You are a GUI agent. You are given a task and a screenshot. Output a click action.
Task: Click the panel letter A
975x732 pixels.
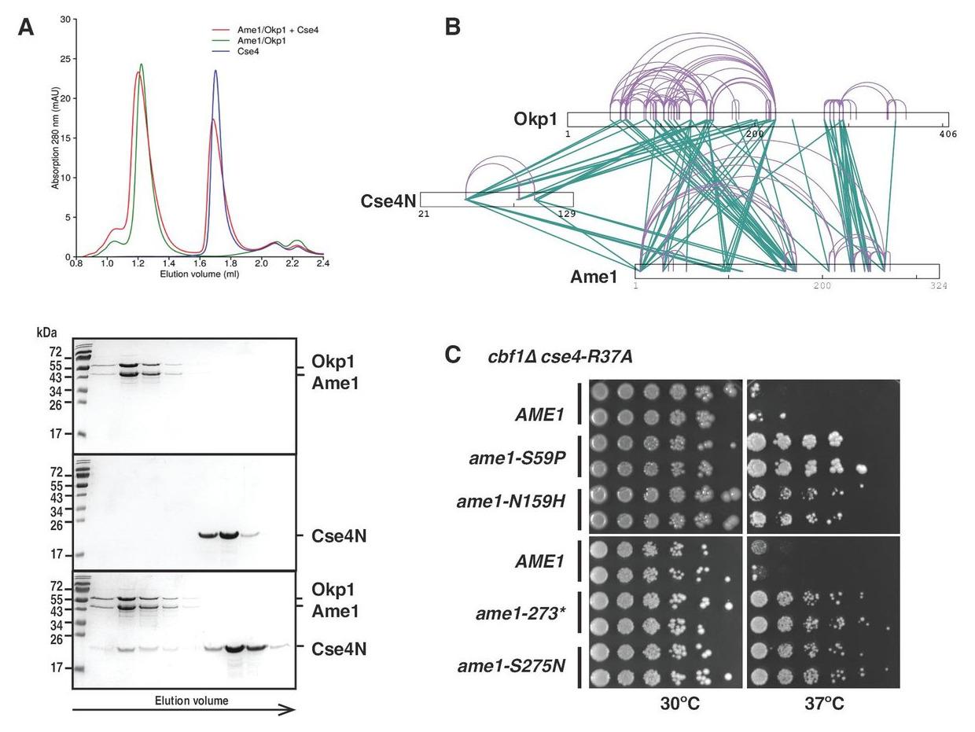point(26,28)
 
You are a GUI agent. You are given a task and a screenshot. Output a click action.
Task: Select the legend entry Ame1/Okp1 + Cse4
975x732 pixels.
point(279,30)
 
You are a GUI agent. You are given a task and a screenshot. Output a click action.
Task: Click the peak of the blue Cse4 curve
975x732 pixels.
point(215,71)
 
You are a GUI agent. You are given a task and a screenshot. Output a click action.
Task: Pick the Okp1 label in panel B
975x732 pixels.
point(535,120)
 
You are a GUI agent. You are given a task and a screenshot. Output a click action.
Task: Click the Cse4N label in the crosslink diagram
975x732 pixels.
point(388,201)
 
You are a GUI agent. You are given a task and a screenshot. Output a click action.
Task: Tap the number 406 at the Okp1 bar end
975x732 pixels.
point(947,134)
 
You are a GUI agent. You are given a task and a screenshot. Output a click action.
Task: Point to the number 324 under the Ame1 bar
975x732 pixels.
point(938,285)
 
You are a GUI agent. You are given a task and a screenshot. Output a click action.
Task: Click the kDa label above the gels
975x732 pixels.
point(46,333)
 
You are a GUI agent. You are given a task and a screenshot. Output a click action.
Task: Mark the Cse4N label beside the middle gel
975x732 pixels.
point(339,536)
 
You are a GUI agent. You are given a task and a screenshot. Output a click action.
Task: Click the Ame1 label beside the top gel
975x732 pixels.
point(336,384)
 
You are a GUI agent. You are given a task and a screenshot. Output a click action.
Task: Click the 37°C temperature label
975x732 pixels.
point(824,704)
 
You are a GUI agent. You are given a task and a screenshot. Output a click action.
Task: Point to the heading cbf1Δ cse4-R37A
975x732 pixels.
point(561,357)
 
